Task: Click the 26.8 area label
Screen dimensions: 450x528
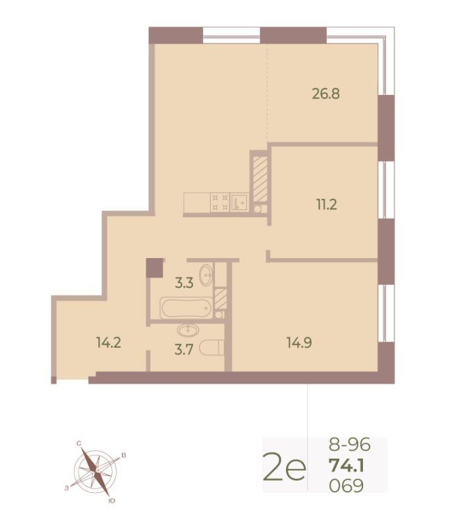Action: [325, 94]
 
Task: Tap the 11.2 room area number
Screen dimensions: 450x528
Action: [326, 205]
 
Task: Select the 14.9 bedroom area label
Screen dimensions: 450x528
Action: [299, 343]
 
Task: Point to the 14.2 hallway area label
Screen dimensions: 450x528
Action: [108, 343]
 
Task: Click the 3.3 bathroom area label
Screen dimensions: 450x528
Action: [184, 283]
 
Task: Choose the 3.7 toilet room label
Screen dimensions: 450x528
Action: [184, 350]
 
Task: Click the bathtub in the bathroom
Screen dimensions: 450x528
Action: [186, 308]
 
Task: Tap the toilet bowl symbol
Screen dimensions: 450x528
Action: [211, 348]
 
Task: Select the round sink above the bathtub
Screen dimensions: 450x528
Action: [206, 275]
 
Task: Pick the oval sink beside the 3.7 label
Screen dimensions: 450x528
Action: [188, 331]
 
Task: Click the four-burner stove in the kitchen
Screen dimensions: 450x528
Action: [220, 203]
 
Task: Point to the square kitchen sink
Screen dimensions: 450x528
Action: [239, 203]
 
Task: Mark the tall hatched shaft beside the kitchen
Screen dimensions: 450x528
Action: [260, 180]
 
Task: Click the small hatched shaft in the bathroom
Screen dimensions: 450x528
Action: [220, 299]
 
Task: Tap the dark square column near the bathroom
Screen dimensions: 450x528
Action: [154, 267]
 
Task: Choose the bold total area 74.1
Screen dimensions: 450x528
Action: [347, 466]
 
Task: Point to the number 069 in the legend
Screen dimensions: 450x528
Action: [347, 486]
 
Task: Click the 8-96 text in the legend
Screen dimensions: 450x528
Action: [349, 444]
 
